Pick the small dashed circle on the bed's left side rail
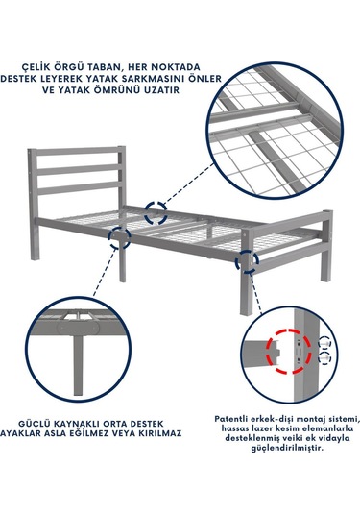[x=119, y=236]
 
